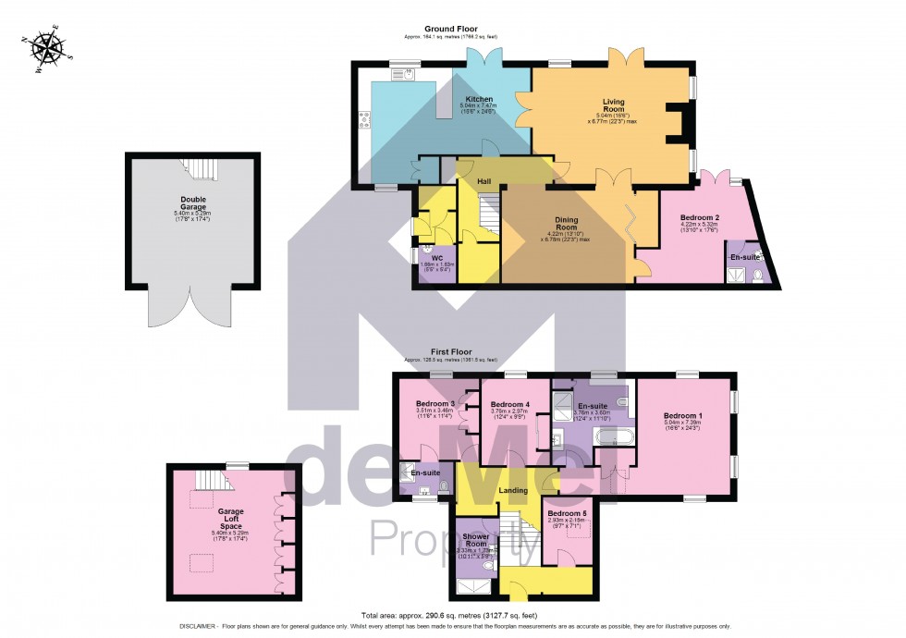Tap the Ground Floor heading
pyautogui.click(x=450, y=29)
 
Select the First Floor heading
pyautogui.click(x=450, y=352)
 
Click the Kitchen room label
pyautogui.click(x=479, y=99)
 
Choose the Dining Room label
pyautogui.click(x=566, y=223)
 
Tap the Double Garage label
pyautogui.click(x=193, y=202)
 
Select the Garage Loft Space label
pyautogui.click(x=230, y=518)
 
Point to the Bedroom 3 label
pyautogui.click(x=434, y=404)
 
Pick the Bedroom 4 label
pyautogui.click(x=509, y=405)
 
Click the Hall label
pyautogui.click(x=484, y=181)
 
